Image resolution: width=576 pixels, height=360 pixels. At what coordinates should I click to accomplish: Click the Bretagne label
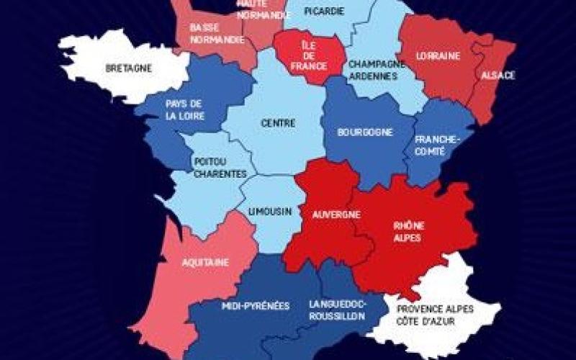click(128, 69)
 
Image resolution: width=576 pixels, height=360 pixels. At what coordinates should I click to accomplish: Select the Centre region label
click(278, 123)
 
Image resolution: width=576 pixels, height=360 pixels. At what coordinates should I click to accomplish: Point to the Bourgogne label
click(364, 132)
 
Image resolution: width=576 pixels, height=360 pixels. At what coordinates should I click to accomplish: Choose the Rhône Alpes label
click(408, 230)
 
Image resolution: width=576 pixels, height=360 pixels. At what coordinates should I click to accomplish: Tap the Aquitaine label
click(206, 263)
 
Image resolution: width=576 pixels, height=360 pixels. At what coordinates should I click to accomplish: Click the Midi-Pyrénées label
click(255, 306)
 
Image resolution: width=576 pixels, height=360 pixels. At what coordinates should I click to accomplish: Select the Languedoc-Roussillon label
click(337, 310)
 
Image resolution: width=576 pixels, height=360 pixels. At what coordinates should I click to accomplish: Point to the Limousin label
click(269, 212)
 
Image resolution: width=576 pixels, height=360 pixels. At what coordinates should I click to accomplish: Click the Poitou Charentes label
click(220, 168)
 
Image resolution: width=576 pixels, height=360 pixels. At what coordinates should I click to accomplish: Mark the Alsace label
click(498, 75)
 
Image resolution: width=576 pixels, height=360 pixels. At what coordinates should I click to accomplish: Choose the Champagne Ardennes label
click(373, 70)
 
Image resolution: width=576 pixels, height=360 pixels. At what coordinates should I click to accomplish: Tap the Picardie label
click(323, 11)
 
